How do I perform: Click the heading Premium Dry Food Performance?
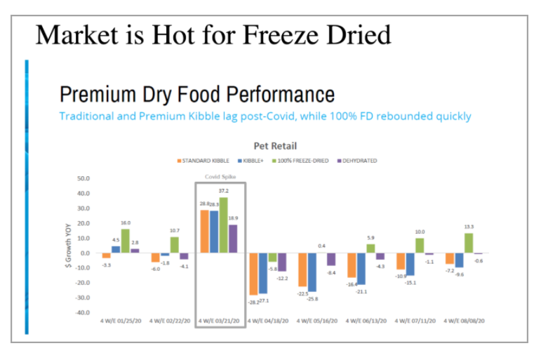(196, 94)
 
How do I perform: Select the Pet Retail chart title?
(274, 146)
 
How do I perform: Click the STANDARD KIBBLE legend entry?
(206, 161)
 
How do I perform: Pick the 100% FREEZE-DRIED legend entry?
(301, 161)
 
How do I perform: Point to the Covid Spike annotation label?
(219, 177)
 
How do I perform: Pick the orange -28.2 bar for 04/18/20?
(253, 274)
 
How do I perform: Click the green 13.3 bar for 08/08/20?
(469, 243)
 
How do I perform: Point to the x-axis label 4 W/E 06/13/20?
(365, 321)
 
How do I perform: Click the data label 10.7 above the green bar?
(175, 230)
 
